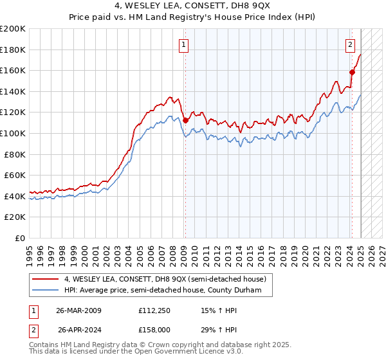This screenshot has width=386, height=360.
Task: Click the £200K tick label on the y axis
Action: [13, 29]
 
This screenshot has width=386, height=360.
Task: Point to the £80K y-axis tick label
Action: [15, 154]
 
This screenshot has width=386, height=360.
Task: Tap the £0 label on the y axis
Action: [20, 238]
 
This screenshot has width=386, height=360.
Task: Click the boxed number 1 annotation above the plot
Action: [184, 44]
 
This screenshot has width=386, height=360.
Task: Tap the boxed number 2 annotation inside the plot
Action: [350, 44]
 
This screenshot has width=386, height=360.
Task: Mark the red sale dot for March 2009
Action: [185, 120]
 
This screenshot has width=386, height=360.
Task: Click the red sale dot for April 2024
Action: [352, 73]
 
